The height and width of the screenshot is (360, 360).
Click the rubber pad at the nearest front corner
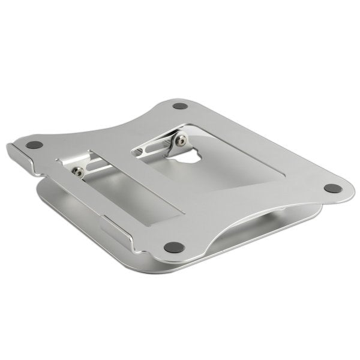[x=174, y=246]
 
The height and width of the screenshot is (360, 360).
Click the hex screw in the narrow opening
[x=77, y=172]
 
